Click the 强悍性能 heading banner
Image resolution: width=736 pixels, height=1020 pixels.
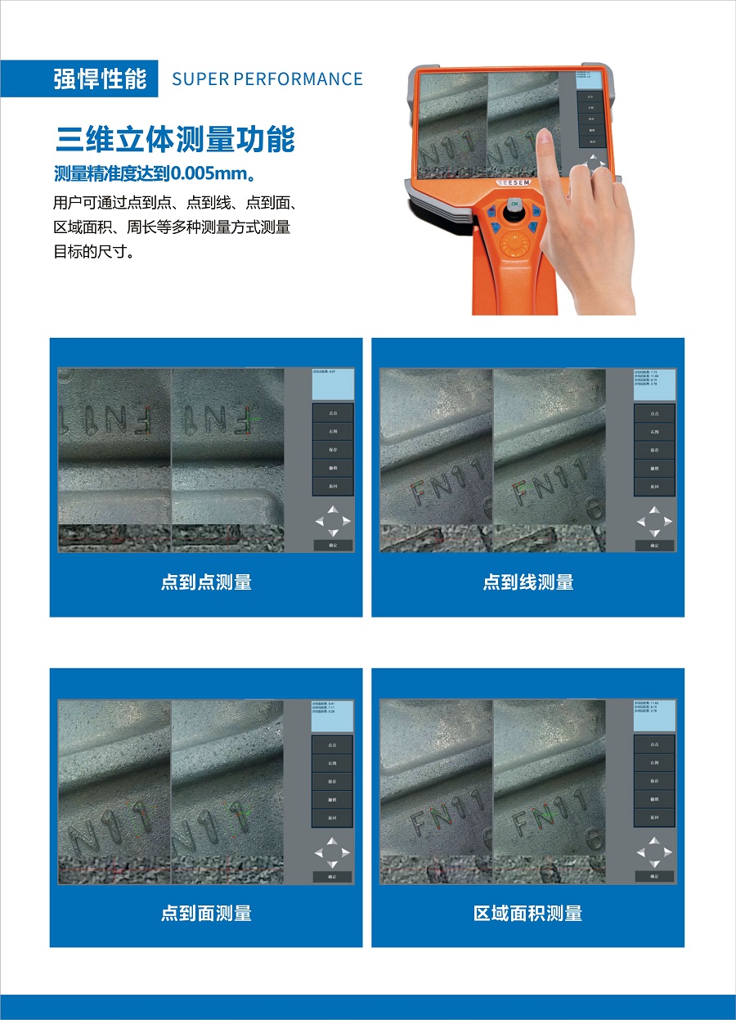click(x=100, y=79)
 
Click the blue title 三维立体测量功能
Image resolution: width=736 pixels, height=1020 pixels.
click(x=175, y=139)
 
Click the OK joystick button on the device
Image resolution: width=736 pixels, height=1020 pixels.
click(x=514, y=204)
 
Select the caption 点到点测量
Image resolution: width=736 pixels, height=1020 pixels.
click(x=206, y=582)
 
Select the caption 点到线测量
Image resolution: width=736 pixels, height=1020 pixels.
click(x=527, y=582)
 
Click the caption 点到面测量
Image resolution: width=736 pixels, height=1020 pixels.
click(x=206, y=913)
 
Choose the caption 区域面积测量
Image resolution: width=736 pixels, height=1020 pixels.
click(x=527, y=913)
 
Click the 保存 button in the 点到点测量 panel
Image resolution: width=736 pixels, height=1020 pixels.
click(x=333, y=450)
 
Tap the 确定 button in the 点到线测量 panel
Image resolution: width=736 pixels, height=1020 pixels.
click(x=654, y=545)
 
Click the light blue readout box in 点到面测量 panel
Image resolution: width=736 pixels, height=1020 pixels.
click(x=333, y=717)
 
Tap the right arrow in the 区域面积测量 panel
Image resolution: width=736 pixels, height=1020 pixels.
click(x=668, y=852)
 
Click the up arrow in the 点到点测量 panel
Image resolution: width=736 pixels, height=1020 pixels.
click(x=333, y=510)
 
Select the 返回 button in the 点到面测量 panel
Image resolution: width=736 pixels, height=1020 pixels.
click(x=333, y=817)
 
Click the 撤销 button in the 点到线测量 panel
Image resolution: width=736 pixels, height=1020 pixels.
click(x=654, y=468)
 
